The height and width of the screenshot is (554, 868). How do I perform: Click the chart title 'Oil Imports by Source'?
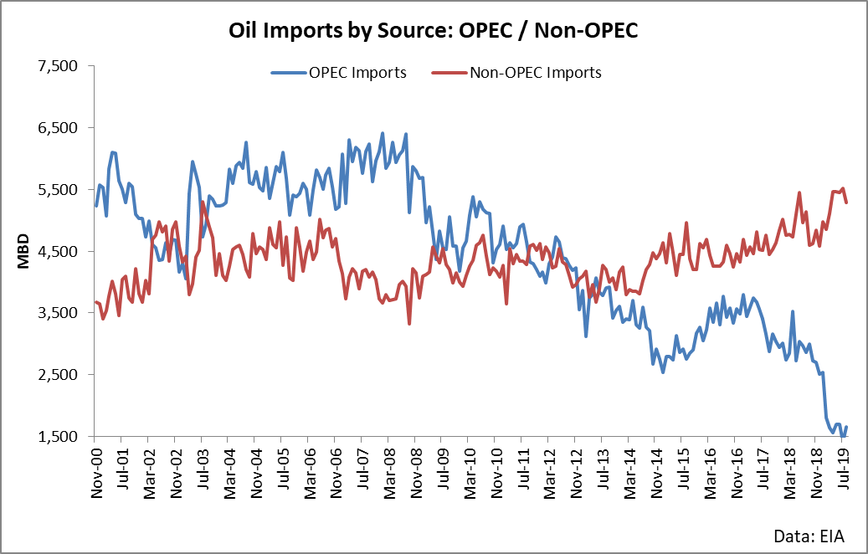point(434,32)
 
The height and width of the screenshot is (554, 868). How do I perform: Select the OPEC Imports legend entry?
point(338,73)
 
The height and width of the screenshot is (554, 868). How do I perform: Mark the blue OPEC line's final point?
point(846,428)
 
